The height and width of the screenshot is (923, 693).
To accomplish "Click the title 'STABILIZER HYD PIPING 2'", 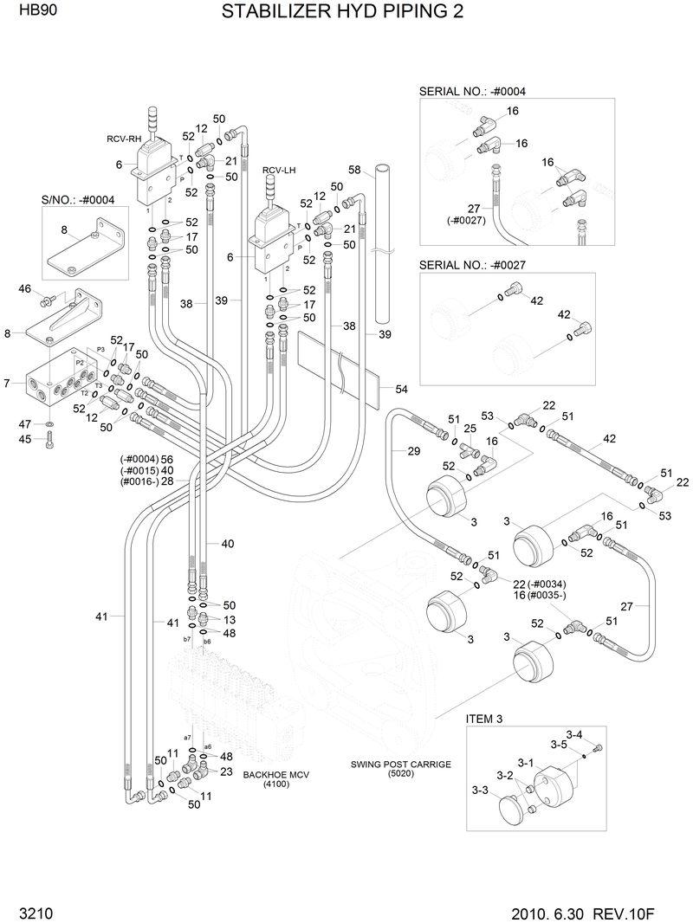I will click(x=342, y=12).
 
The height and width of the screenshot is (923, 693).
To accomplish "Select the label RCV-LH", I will click(x=279, y=171).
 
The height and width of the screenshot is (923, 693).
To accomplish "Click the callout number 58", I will click(x=353, y=170).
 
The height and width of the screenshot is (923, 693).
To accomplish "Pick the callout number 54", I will click(x=401, y=390).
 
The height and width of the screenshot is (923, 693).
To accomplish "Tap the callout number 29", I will click(x=389, y=452).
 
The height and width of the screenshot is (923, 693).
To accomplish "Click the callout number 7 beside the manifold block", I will click(x=7, y=383).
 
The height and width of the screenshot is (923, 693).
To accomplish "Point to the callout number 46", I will click(x=24, y=289).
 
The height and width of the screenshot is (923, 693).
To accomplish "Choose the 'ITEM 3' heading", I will click(x=484, y=719).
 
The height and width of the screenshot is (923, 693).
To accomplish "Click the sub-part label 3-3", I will click(x=481, y=791).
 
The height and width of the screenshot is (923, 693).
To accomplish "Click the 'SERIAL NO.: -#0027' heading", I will click(x=472, y=264).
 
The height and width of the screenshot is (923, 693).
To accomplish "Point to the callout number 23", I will click(x=226, y=771).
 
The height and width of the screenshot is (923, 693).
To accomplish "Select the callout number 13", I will click(x=229, y=620).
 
